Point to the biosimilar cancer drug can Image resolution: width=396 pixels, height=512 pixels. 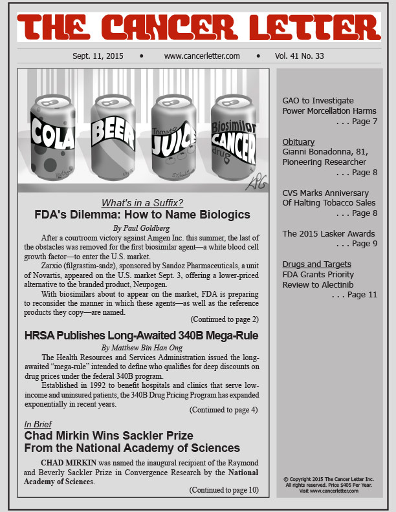pyautogui.click(x=234, y=139)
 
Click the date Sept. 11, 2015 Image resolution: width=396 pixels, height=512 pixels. pyautogui.click(x=98, y=56)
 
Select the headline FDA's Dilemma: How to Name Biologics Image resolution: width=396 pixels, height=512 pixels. pyautogui.click(x=143, y=215)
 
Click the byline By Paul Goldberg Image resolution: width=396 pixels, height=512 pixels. pyautogui.click(x=144, y=228)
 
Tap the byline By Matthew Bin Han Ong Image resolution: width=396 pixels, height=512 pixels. pyautogui.click(x=144, y=347)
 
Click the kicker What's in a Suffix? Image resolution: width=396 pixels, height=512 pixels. pyautogui.click(x=143, y=202)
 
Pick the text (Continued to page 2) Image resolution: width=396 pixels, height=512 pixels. pyautogui.click(x=224, y=319)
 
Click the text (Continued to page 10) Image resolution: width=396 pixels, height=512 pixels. pyautogui.click(x=224, y=489)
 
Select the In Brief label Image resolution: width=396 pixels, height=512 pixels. pyautogui.click(x=38, y=424)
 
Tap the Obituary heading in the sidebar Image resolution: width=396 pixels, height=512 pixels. pyautogui.click(x=298, y=142)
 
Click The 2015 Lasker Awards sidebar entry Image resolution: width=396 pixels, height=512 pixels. pyautogui.click(x=328, y=233)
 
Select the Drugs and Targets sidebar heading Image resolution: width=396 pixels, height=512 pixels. pyautogui.click(x=316, y=264)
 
